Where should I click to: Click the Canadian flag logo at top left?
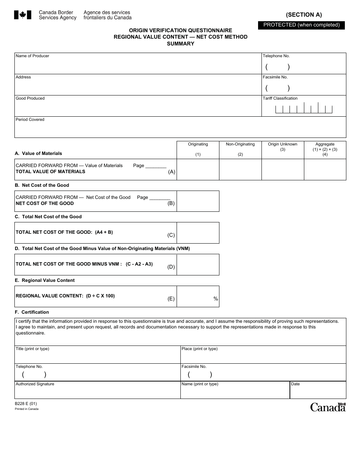[x=22, y=15]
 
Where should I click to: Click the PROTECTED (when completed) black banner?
[x=301, y=25]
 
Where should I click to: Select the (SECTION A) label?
[x=304, y=15]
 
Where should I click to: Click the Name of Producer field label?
[x=32, y=56]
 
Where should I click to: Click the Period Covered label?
[x=30, y=120]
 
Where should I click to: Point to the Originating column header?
[x=198, y=144]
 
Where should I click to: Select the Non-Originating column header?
[x=240, y=144]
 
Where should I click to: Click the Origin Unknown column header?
[x=283, y=144]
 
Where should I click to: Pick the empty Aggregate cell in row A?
[x=325, y=169]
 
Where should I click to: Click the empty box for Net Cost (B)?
[x=198, y=201]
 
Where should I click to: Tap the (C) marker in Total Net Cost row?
[x=171, y=235]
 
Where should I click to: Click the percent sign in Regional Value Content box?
[x=216, y=299]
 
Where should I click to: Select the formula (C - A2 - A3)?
[x=139, y=264]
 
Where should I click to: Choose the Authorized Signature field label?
[x=35, y=384]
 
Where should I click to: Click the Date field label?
[x=295, y=384]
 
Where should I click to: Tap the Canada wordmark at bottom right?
[x=328, y=407]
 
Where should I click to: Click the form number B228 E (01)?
[x=26, y=404]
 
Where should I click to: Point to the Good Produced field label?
[x=30, y=99]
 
